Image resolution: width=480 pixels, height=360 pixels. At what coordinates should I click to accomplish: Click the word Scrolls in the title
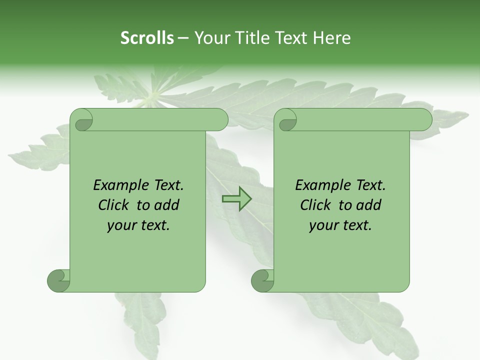point(147,38)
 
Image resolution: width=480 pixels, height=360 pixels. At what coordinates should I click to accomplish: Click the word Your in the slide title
point(209,38)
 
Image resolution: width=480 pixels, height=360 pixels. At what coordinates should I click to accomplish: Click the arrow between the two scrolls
point(236,199)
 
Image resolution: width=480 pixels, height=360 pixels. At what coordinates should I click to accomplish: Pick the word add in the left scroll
point(166,205)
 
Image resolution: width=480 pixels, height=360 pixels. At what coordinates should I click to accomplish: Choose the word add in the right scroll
point(368,205)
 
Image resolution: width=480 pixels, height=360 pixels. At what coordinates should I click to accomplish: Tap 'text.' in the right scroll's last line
point(356,225)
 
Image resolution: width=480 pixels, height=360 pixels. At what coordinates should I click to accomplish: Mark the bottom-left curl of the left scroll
point(58,280)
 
